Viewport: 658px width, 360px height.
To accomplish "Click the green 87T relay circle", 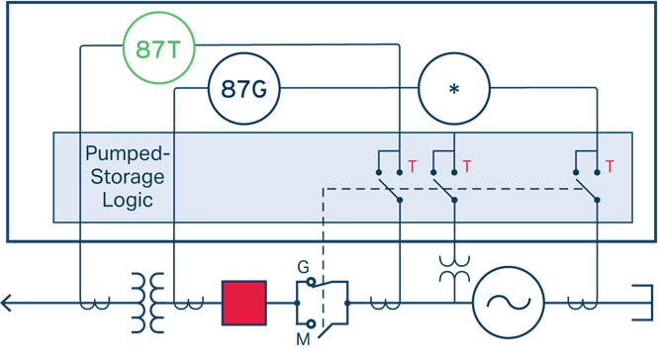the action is [x=159, y=47].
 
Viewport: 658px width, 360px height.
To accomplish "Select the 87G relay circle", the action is [x=243, y=89].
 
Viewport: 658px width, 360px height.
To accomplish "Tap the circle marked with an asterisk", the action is [x=454, y=89].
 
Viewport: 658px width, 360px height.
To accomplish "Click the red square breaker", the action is [x=244, y=303].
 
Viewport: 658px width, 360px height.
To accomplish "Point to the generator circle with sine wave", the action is [x=509, y=303].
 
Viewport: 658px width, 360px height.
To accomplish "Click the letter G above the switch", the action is [x=303, y=267].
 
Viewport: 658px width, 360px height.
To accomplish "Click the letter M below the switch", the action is [x=303, y=339].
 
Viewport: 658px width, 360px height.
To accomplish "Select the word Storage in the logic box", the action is [x=128, y=177].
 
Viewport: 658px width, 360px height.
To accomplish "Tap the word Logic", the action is [x=128, y=200].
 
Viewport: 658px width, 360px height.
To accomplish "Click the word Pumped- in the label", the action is [x=128, y=153].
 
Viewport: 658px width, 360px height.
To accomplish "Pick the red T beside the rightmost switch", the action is [x=610, y=166].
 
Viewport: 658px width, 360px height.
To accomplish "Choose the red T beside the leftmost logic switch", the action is [x=412, y=166].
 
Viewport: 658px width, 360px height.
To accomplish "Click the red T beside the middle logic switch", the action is [x=467, y=166].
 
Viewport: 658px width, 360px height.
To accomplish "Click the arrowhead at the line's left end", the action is [x=4, y=303].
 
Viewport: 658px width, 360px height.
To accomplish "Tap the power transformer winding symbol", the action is [x=147, y=303].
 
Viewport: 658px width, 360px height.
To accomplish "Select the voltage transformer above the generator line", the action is [x=454, y=269].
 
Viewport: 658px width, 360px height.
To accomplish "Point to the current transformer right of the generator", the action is [x=583, y=304].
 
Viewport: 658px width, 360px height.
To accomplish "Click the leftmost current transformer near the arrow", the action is [x=95, y=304].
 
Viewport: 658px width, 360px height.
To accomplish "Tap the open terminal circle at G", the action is [x=311, y=282].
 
